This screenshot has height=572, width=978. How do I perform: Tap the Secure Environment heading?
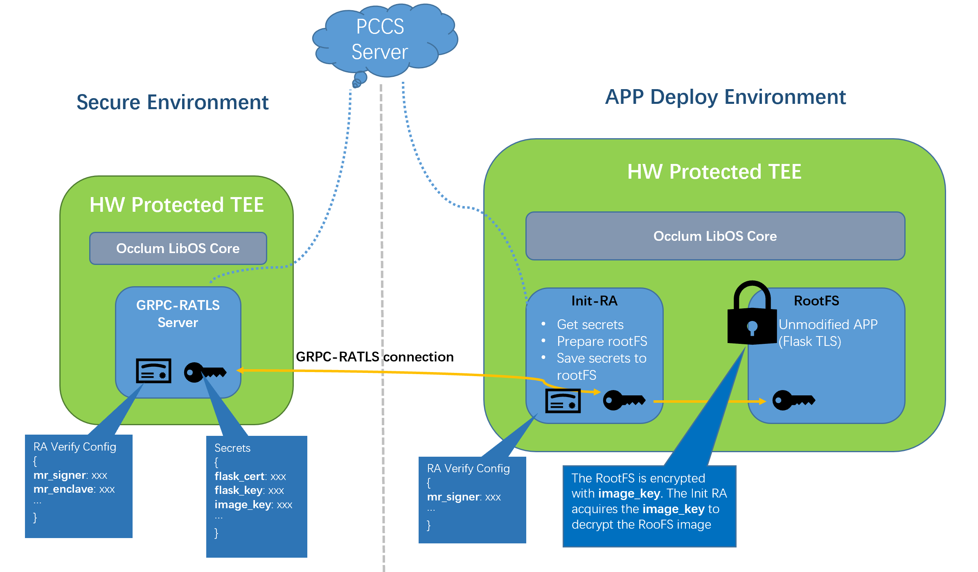point(172,102)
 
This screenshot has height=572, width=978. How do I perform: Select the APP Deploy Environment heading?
point(725,97)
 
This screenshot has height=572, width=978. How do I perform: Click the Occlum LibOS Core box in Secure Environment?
point(178,249)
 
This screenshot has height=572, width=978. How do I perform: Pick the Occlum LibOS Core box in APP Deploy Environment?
point(715,236)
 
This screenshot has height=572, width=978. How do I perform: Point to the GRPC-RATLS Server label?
point(178,314)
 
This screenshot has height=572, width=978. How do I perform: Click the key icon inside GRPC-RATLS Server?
point(205,372)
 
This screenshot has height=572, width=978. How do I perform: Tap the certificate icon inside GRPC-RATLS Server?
point(153,371)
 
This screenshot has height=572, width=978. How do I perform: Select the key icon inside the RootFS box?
point(793,400)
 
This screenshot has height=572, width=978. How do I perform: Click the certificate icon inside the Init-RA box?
point(563,401)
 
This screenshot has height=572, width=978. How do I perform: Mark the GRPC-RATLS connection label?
point(374,357)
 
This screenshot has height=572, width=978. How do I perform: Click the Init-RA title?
point(594,301)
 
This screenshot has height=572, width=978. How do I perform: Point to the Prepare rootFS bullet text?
point(602,341)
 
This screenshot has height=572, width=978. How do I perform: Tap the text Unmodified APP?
point(828,325)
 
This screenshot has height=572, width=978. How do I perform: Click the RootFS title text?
point(816,301)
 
